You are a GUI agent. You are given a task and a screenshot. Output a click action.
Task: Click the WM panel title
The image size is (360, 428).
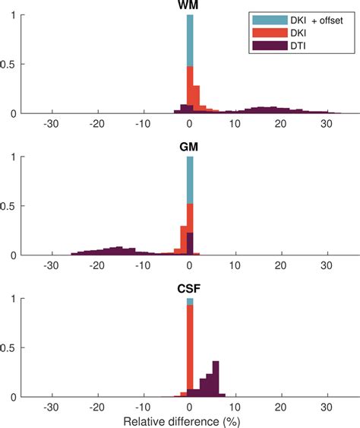click(x=189, y=6)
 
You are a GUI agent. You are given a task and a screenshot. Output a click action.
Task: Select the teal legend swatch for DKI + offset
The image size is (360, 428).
click(x=266, y=21)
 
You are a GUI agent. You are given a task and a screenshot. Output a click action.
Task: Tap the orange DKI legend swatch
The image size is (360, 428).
click(x=266, y=34)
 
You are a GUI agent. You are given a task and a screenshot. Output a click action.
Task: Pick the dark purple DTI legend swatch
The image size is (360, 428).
click(x=266, y=47)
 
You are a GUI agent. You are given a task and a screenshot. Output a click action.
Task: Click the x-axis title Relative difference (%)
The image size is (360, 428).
click(x=189, y=420)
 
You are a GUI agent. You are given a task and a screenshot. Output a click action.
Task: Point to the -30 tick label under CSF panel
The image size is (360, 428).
click(x=51, y=406)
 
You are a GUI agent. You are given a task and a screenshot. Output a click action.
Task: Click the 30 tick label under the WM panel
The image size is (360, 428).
click(x=327, y=124)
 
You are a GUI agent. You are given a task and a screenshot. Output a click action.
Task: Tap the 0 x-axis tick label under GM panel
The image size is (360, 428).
click(x=189, y=265)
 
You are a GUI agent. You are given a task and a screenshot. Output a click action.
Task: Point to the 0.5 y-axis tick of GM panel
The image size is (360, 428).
click(x=14, y=206)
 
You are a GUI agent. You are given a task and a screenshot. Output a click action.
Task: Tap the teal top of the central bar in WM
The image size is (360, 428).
click(x=190, y=38)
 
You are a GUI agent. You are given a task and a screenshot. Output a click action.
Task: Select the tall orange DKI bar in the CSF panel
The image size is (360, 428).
click(x=190, y=350)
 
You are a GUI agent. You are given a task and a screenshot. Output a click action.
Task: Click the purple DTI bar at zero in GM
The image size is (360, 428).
click(x=190, y=244)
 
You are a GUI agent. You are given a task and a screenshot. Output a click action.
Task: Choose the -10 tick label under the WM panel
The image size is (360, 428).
click(x=143, y=124)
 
